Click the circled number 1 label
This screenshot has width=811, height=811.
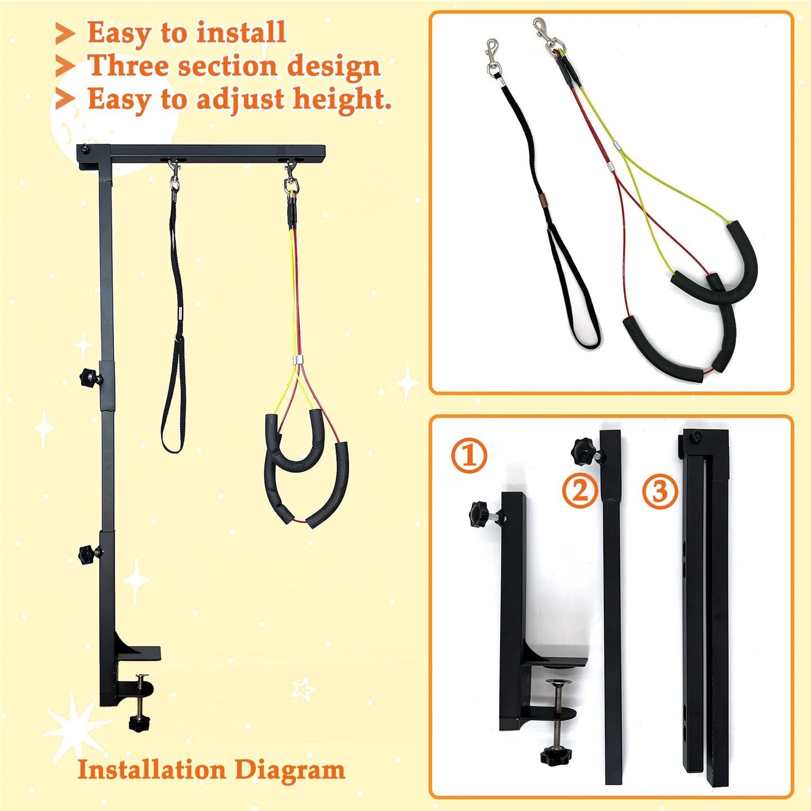click(469, 455)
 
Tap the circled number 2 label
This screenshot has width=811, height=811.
click(580, 491)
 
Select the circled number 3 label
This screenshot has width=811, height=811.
click(659, 491)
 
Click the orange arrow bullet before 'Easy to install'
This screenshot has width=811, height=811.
click(65, 34)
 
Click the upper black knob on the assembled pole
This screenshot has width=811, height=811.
click(89, 377)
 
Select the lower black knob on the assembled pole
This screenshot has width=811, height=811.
click(88, 555)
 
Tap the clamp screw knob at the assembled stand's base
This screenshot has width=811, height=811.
click(139, 722)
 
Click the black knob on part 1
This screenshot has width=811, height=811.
click(480, 514)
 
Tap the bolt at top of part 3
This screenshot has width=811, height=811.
click(696, 437)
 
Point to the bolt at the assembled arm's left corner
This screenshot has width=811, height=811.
click(85, 149)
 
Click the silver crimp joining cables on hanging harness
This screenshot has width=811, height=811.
click(297, 360)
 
